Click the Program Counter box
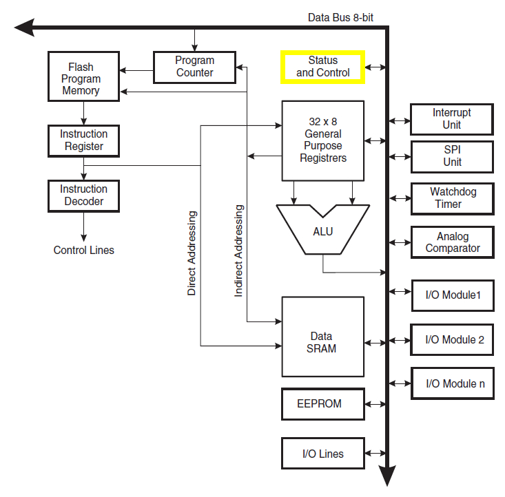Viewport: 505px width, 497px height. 194,67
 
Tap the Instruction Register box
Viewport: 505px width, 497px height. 83,140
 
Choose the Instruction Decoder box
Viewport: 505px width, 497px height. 83,195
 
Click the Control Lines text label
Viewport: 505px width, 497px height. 84,251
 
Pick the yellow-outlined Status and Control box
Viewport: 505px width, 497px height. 323,67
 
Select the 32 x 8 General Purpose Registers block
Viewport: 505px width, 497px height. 323,140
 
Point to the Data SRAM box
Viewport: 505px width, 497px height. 322,337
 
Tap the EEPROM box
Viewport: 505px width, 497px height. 322,404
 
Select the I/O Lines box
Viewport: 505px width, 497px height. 322,454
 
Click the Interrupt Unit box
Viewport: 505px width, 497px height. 452,119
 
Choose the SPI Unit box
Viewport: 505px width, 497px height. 452,156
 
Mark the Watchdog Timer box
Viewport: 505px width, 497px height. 452,198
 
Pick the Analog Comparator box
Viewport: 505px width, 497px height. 452,242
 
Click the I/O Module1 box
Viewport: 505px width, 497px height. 452,297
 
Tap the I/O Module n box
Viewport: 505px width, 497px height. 452,383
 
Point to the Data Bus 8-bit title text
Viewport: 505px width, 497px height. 340,17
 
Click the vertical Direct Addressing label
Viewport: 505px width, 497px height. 192,253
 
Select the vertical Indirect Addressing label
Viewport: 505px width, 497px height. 238,251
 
